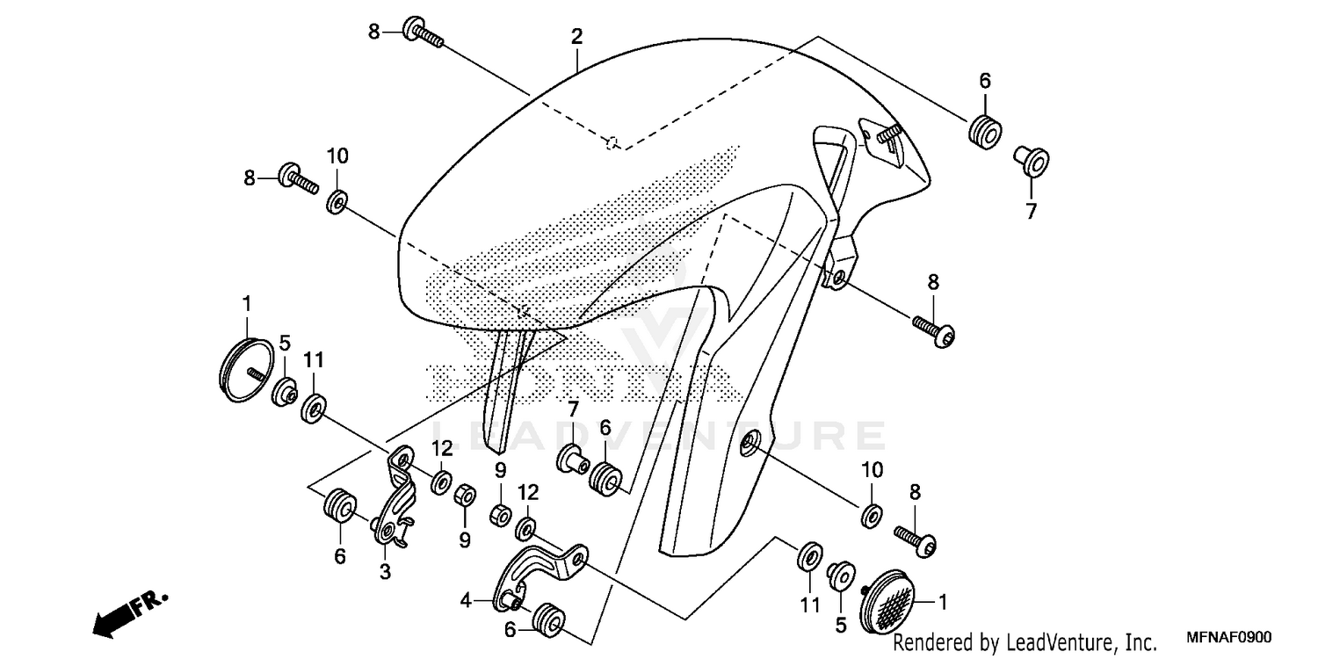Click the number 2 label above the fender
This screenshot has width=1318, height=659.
pos(576,37)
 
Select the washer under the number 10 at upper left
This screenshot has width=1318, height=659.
pos(337,203)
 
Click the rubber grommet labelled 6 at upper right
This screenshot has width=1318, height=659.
pos(984,130)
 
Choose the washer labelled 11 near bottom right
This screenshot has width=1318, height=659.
pos(809,556)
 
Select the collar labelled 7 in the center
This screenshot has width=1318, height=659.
pos(572,458)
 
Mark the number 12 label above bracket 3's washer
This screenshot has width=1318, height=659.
pos(442,448)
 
